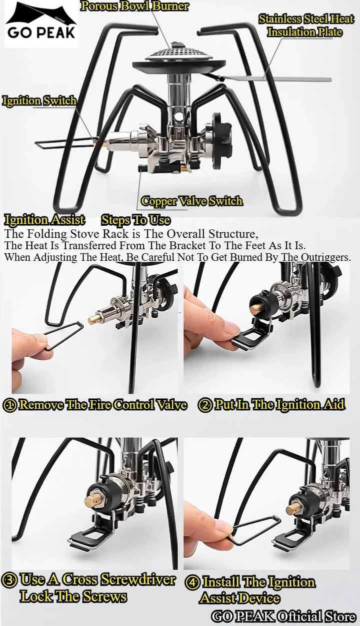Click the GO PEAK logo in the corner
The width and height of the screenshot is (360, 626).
coord(41,24)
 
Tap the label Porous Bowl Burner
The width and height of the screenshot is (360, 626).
coord(134,6)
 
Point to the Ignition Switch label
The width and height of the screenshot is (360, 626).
coord(39,100)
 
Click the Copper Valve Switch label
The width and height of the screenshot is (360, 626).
coord(191,201)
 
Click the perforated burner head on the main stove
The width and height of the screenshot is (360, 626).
coord(178,53)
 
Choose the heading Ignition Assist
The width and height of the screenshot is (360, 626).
coord(44,220)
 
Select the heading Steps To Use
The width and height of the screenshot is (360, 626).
coord(135,220)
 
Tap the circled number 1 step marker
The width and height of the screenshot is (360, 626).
coord(10,405)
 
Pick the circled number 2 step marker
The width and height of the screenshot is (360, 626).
coord(205,405)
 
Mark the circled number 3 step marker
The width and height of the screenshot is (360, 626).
coord(8,580)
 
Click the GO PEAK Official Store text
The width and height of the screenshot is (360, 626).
coord(283,616)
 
